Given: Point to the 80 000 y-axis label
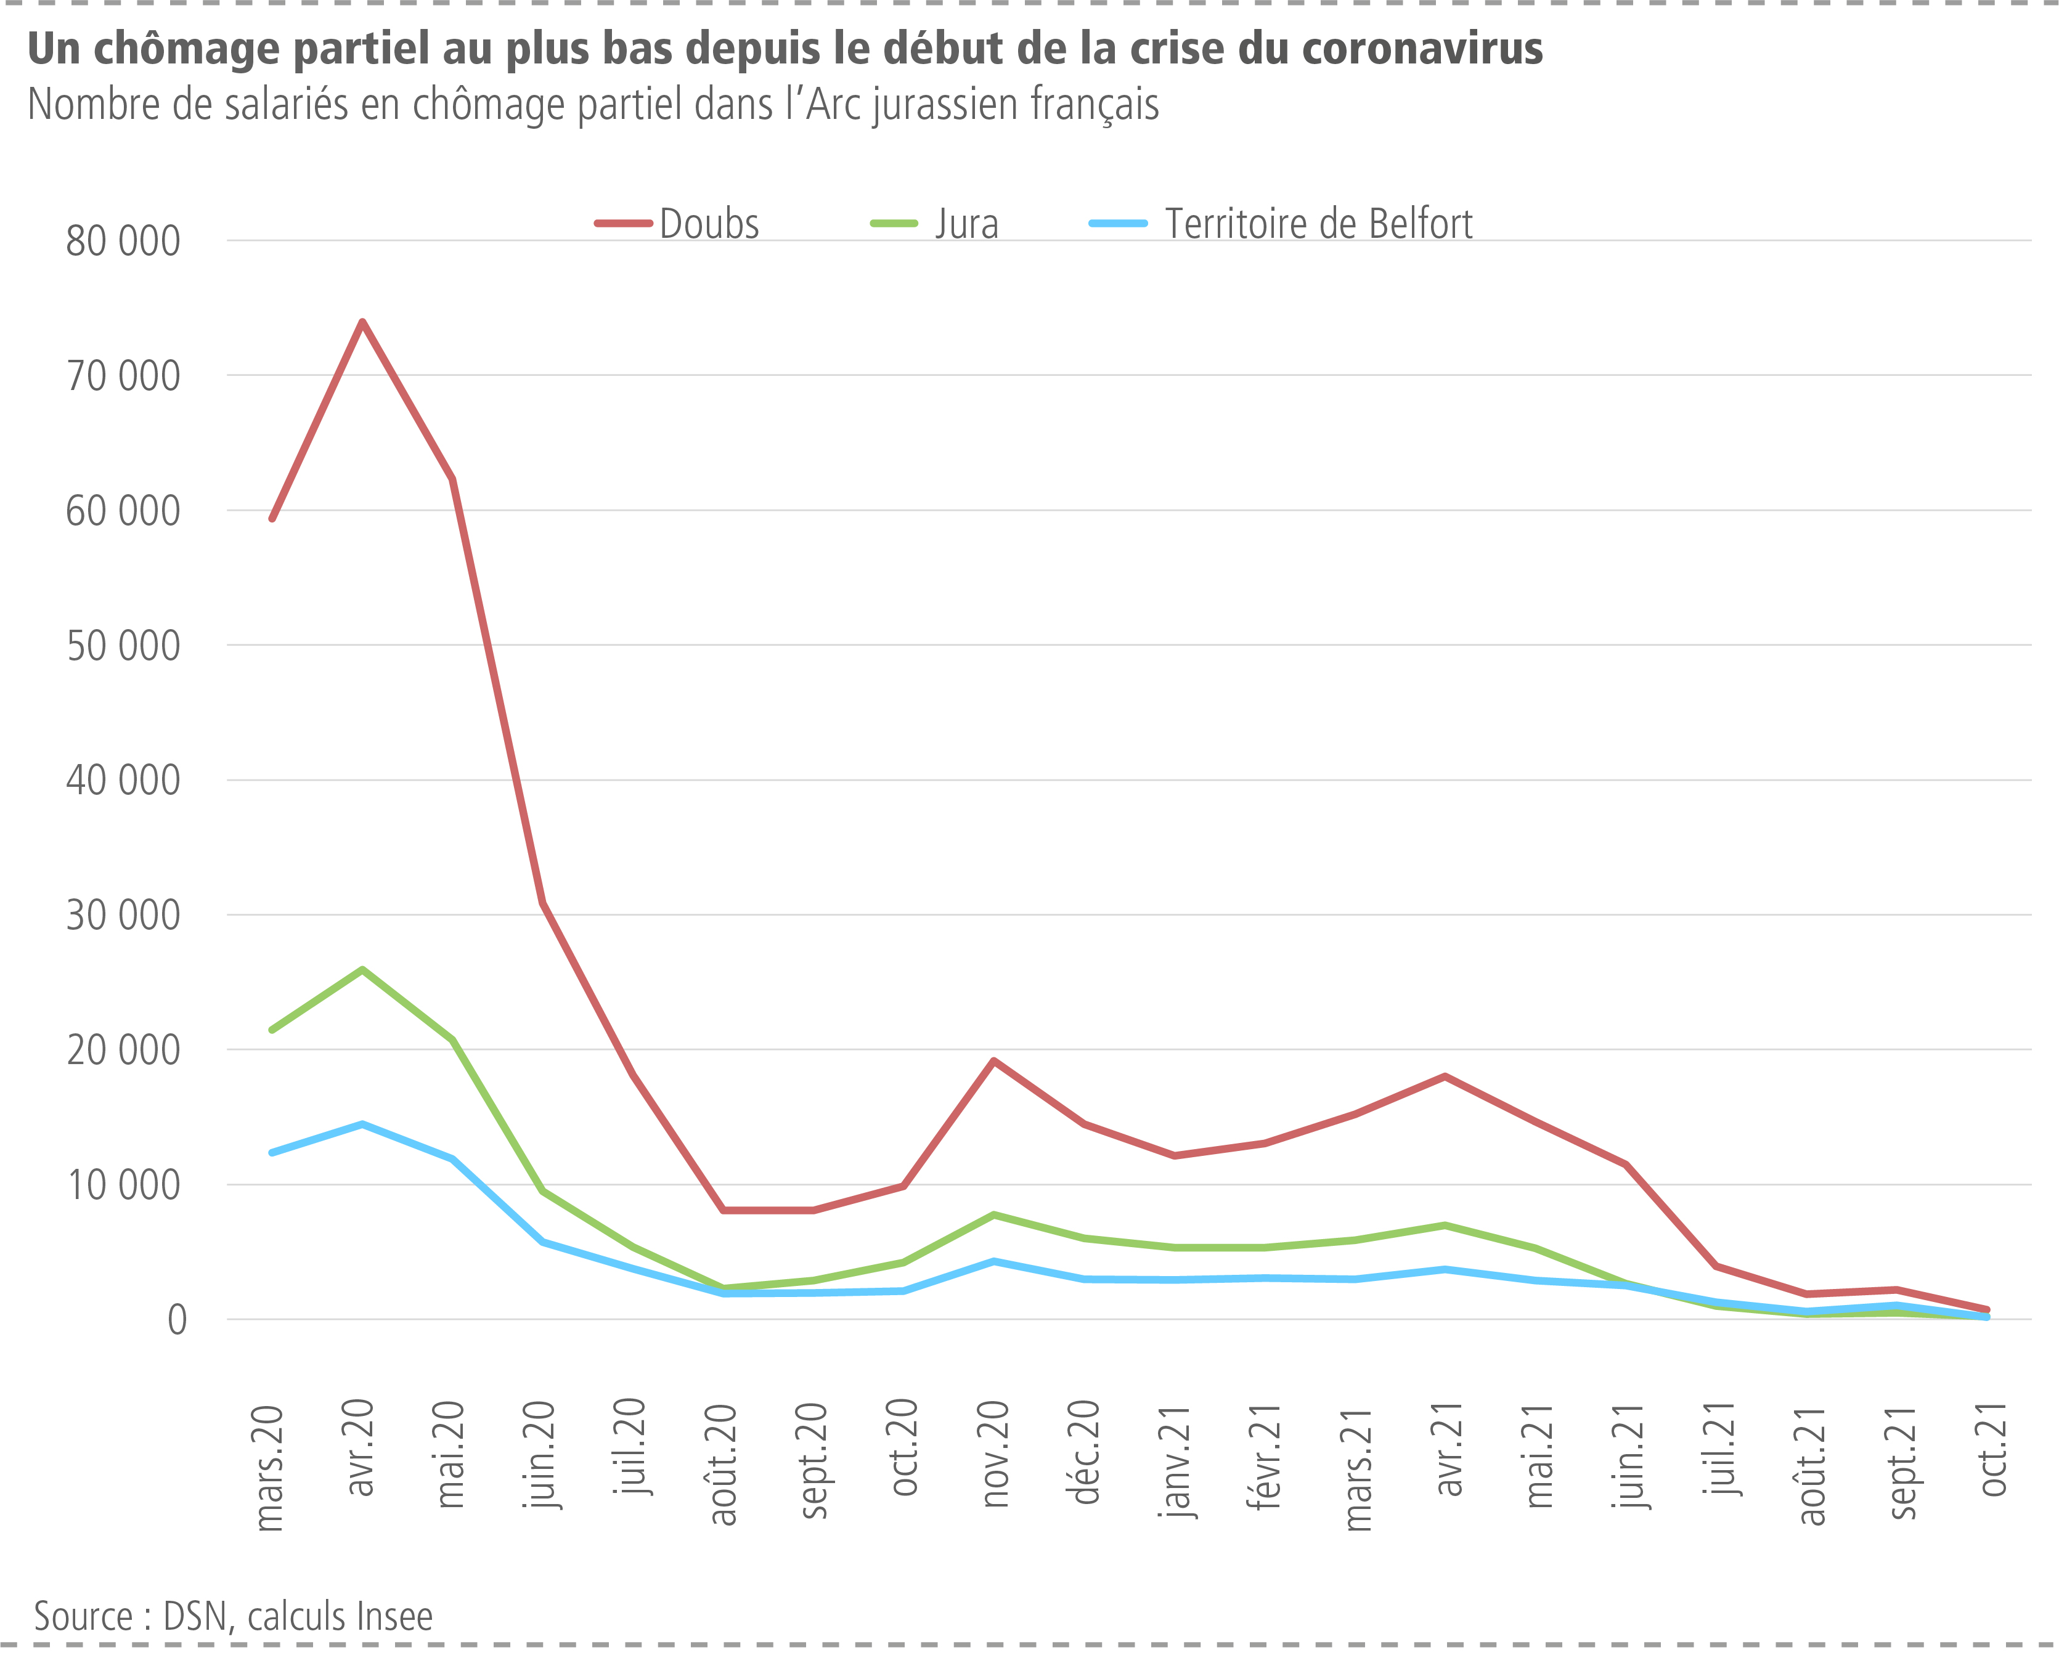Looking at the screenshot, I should tap(122, 242).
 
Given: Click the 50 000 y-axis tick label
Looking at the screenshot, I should tap(122, 646).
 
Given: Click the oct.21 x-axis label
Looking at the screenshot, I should tap(1992, 1449).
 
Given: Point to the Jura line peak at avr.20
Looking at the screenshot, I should tap(362, 970).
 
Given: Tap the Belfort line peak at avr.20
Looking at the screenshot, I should tap(362, 1125).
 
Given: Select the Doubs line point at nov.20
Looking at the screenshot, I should tap(994, 1061).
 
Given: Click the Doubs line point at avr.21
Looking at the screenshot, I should tap(1445, 1077).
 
